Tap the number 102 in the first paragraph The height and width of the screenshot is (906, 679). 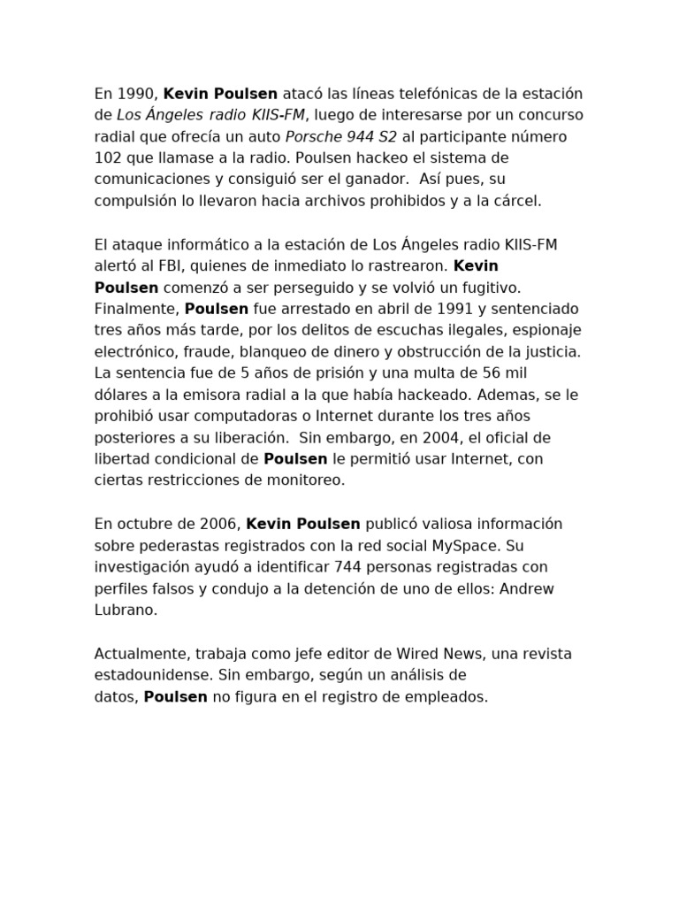pyautogui.click(x=108, y=157)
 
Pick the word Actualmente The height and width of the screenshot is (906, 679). pyautogui.click(x=138, y=654)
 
